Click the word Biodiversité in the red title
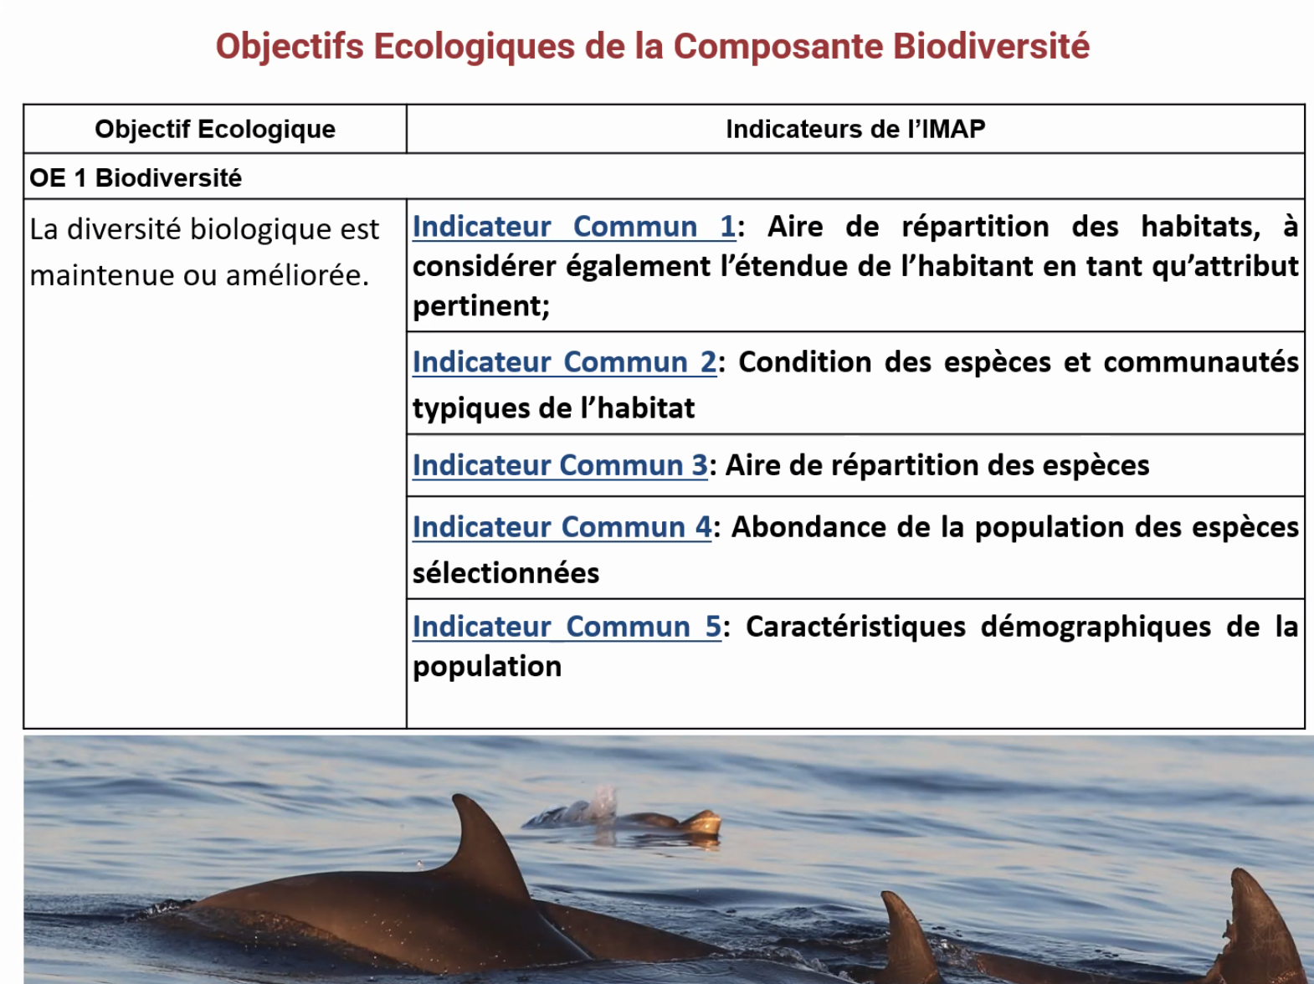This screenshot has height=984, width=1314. (x=991, y=46)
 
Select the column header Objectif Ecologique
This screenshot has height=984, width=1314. (x=215, y=130)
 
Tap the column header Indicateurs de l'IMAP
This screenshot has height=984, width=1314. (x=855, y=130)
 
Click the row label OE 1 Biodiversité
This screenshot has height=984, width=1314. (x=136, y=177)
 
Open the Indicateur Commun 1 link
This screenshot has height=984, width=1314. (x=574, y=227)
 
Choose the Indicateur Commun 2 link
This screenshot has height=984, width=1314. (x=564, y=362)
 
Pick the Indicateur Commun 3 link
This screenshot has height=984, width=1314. (x=560, y=465)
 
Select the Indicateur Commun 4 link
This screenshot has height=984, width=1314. (x=562, y=527)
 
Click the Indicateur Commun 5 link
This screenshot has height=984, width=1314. (x=567, y=627)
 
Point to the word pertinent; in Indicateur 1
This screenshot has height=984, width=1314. (x=481, y=306)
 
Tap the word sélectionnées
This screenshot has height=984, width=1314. (x=506, y=573)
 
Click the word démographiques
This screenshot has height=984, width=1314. (x=1096, y=628)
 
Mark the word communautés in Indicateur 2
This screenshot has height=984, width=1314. (x=1201, y=362)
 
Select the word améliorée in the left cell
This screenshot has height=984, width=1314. (x=294, y=275)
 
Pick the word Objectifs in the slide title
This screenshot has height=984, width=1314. (x=290, y=47)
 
